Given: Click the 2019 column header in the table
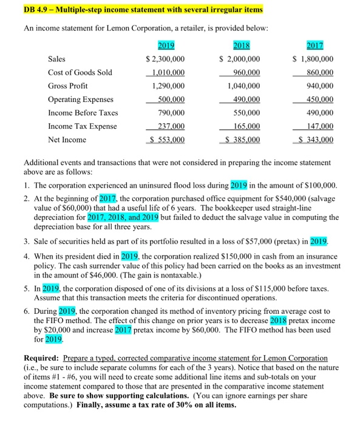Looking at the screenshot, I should click(166, 46).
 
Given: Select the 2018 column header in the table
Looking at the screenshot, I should click(242, 46).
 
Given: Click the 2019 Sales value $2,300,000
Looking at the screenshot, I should click(165, 59).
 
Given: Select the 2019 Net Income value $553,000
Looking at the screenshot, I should click(166, 140).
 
